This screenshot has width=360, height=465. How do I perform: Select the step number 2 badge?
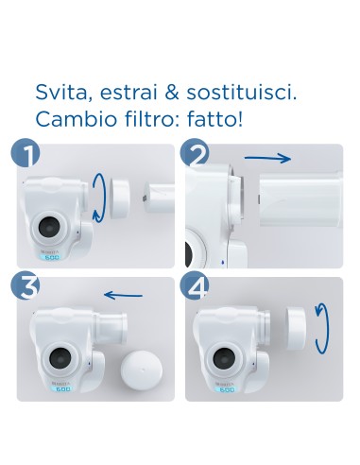pyautogui.click(x=197, y=154)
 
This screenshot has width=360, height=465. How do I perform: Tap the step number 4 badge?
pyautogui.click(x=197, y=287)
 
